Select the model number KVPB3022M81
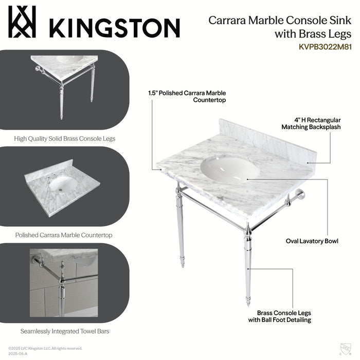point(325,46)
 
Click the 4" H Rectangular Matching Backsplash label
point(311,123)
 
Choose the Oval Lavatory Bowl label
point(312,241)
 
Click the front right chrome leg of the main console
point(248,267)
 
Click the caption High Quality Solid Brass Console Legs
point(64,138)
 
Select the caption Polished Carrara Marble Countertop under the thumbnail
point(64,235)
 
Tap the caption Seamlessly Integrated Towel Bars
point(64,331)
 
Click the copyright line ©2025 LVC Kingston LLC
point(45,348)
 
